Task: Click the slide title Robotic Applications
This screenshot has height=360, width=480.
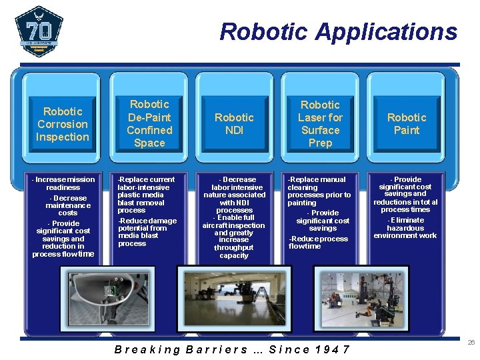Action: [x=338, y=31]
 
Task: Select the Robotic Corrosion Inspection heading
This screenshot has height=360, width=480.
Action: [x=63, y=124]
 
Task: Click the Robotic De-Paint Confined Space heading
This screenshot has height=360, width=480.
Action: [x=149, y=123]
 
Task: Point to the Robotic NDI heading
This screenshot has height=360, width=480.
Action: [x=234, y=123]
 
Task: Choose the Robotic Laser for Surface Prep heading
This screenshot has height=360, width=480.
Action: [x=320, y=123]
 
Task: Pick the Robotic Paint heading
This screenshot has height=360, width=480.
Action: [x=406, y=123]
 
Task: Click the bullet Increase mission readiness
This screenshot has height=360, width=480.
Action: [x=65, y=183]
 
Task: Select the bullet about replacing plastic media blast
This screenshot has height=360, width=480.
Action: [x=146, y=195]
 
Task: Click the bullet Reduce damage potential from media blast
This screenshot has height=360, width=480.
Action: [x=147, y=232]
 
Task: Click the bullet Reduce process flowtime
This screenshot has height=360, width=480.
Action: [x=318, y=242]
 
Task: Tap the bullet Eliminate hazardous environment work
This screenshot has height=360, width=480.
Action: [x=405, y=228]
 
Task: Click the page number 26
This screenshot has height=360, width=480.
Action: [x=471, y=342]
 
